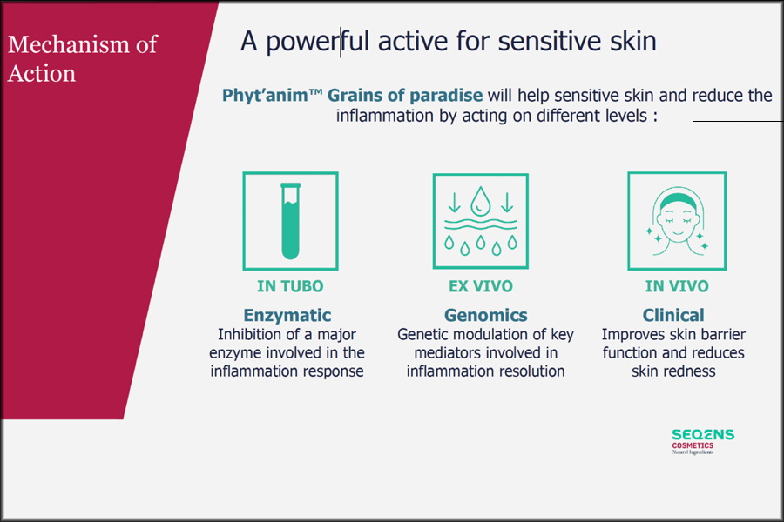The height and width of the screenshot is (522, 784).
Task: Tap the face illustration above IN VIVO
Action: click(x=677, y=221)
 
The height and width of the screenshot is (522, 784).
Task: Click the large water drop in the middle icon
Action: click(x=481, y=201)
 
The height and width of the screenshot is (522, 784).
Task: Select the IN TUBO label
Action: click(x=290, y=286)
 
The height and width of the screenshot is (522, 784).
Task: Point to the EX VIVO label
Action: click(x=481, y=286)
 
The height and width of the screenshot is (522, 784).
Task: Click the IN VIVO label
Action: click(x=677, y=286)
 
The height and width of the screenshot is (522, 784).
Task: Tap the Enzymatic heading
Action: click(x=287, y=315)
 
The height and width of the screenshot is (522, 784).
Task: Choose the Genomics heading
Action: click(x=485, y=315)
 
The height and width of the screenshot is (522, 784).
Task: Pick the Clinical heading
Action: click(x=673, y=315)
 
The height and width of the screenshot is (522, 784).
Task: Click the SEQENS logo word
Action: click(x=703, y=435)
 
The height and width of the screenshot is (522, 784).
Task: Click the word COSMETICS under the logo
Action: click(x=693, y=445)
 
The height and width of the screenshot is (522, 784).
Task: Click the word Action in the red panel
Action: click(x=42, y=73)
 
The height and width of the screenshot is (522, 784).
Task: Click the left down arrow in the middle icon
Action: click(x=454, y=203)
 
